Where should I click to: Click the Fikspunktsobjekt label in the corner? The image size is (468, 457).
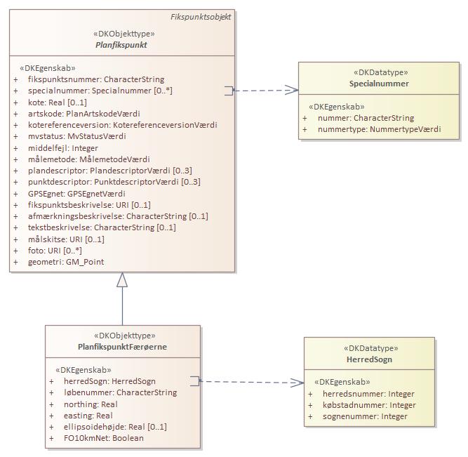click(x=201, y=16)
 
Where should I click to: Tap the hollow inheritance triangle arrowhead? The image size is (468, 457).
click(x=122, y=280)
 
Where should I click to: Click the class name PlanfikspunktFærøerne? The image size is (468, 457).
click(x=123, y=347)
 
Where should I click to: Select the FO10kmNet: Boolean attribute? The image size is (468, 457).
click(x=98, y=438)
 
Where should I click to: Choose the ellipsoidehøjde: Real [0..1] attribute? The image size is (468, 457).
click(x=110, y=427)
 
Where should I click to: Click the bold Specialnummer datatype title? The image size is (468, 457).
click(x=379, y=84)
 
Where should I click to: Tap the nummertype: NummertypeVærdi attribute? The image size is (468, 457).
click(x=379, y=129)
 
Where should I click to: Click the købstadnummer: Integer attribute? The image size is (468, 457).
click(x=359, y=405)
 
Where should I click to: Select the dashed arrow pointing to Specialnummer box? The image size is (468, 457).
click(x=265, y=91)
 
